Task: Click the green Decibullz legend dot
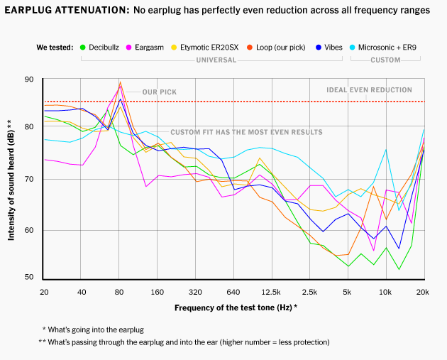point(83,48)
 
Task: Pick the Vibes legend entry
point(330,48)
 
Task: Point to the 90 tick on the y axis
point(28,80)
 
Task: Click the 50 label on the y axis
point(28,277)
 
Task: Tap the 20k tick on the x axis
point(423,292)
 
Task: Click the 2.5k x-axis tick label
point(309,292)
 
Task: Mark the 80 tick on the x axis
point(119,292)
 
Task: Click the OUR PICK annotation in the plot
point(159,92)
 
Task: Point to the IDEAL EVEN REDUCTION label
point(369,90)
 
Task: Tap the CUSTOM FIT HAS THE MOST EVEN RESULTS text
point(246,133)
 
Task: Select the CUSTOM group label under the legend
point(385,60)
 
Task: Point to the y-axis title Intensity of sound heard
point(10,180)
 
